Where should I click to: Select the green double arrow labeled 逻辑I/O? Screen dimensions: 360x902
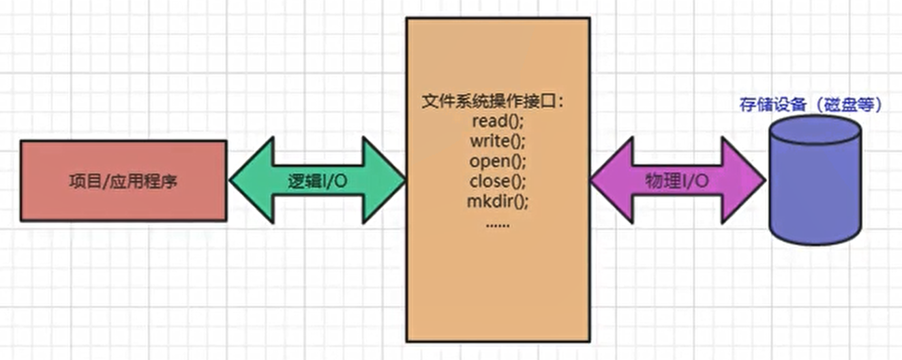point(317,205)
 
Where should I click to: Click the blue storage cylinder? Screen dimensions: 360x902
point(814,198)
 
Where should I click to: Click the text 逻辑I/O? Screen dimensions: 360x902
point(318,181)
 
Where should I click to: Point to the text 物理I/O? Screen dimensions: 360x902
point(676,181)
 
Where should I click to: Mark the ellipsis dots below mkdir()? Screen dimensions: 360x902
point(498,224)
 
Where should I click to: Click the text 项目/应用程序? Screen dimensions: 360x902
point(123,181)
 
